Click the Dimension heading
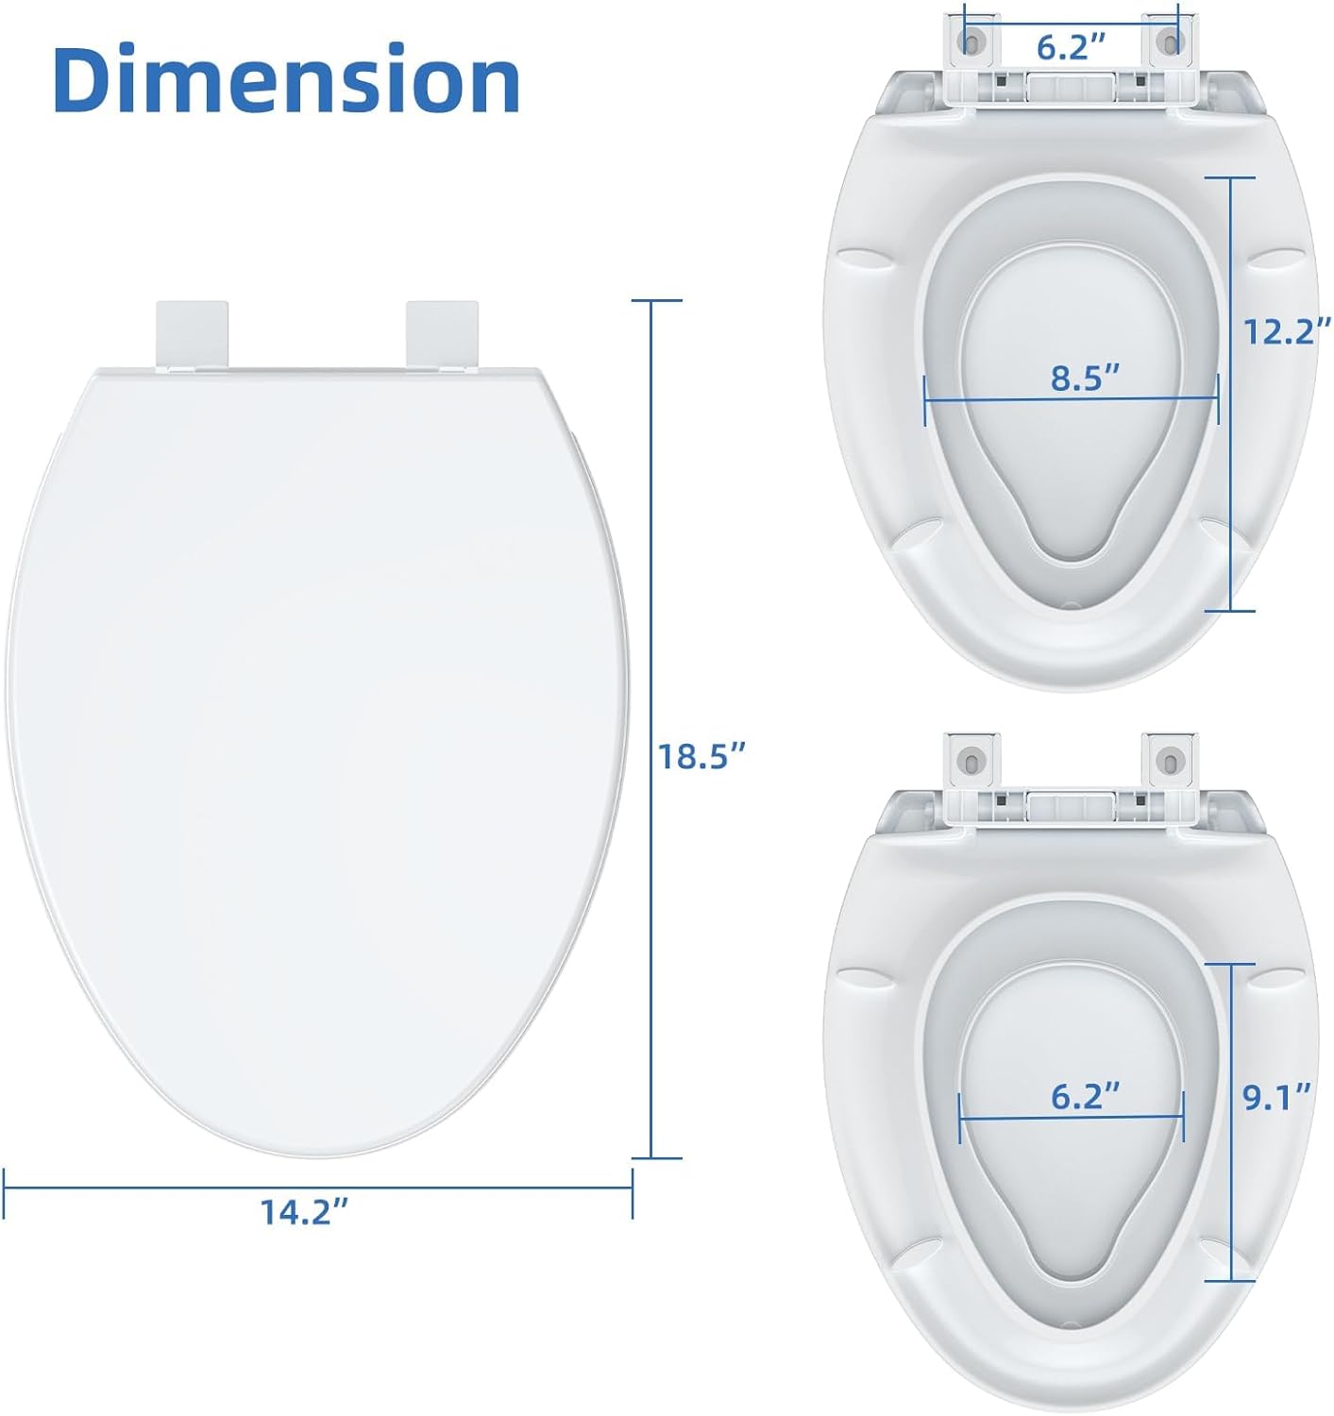pyautogui.click(x=286, y=78)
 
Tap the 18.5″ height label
pyautogui.click(x=701, y=756)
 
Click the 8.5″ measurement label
pyautogui.click(x=1085, y=378)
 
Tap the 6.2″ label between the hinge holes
pyautogui.click(x=1071, y=48)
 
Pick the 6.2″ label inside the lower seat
pyautogui.click(x=1085, y=1096)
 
